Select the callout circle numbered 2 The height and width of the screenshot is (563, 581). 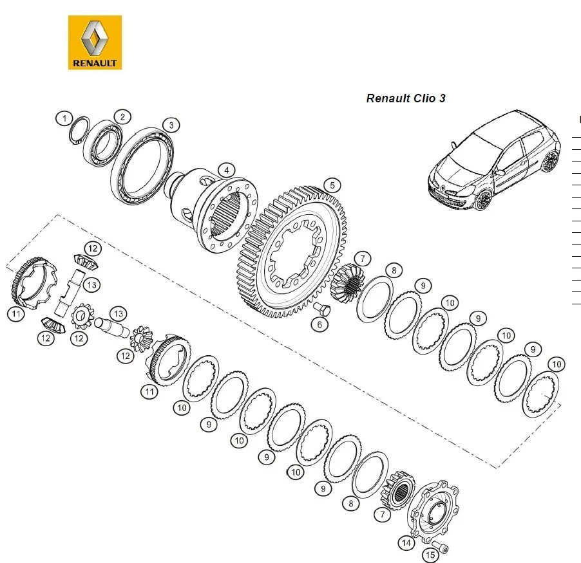[122, 116]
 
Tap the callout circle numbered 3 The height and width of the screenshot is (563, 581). [170, 124]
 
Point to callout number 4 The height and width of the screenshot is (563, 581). [226, 171]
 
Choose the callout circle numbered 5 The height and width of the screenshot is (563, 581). [331, 185]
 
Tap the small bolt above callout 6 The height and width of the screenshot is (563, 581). [323, 310]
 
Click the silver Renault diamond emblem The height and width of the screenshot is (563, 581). [95, 38]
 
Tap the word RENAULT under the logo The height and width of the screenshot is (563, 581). [95, 63]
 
